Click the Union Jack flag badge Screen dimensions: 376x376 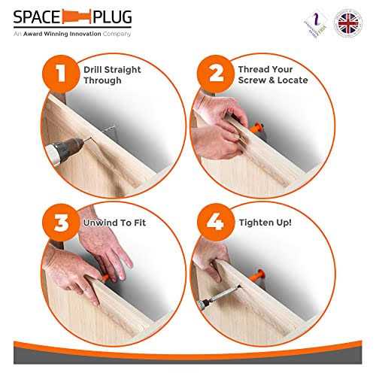click(x=347, y=23)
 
